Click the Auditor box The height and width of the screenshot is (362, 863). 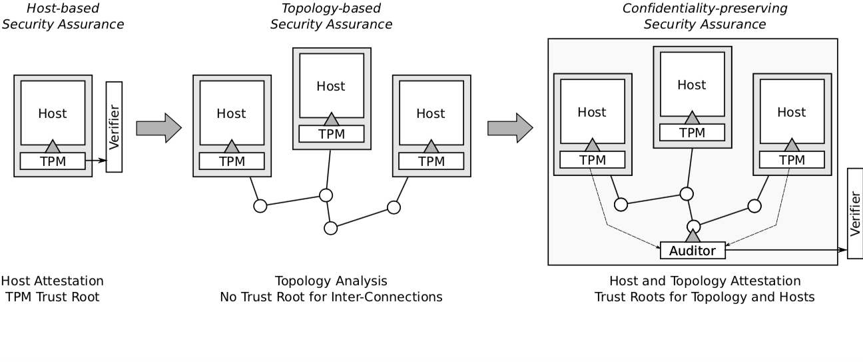pos(693,251)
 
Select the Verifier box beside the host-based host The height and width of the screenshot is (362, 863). pos(114,127)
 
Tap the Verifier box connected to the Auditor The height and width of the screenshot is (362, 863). pos(855,213)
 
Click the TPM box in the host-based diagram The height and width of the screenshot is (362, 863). pos(53,161)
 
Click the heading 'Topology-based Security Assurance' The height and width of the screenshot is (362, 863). pos(331,17)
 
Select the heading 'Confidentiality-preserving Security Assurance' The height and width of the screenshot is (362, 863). pos(705,17)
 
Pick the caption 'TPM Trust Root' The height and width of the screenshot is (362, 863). pos(52,297)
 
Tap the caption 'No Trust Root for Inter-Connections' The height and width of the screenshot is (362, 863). pos(331,297)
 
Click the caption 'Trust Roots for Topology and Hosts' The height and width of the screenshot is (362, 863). pos(705,297)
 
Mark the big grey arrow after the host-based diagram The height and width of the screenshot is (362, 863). pos(158,127)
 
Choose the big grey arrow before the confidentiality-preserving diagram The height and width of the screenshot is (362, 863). pos(510,127)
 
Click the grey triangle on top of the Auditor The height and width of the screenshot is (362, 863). pos(693,235)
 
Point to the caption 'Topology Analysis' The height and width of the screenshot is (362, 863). pos(331,281)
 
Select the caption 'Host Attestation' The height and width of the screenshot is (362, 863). pos(52,281)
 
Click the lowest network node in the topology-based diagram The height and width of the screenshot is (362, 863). pos(331,228)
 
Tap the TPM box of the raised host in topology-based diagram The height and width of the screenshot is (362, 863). pos(332,133)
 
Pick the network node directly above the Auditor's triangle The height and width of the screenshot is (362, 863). pos(693,226)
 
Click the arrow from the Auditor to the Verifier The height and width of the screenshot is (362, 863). pos(786,251)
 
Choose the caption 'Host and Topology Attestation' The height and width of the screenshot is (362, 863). pos(705,281)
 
